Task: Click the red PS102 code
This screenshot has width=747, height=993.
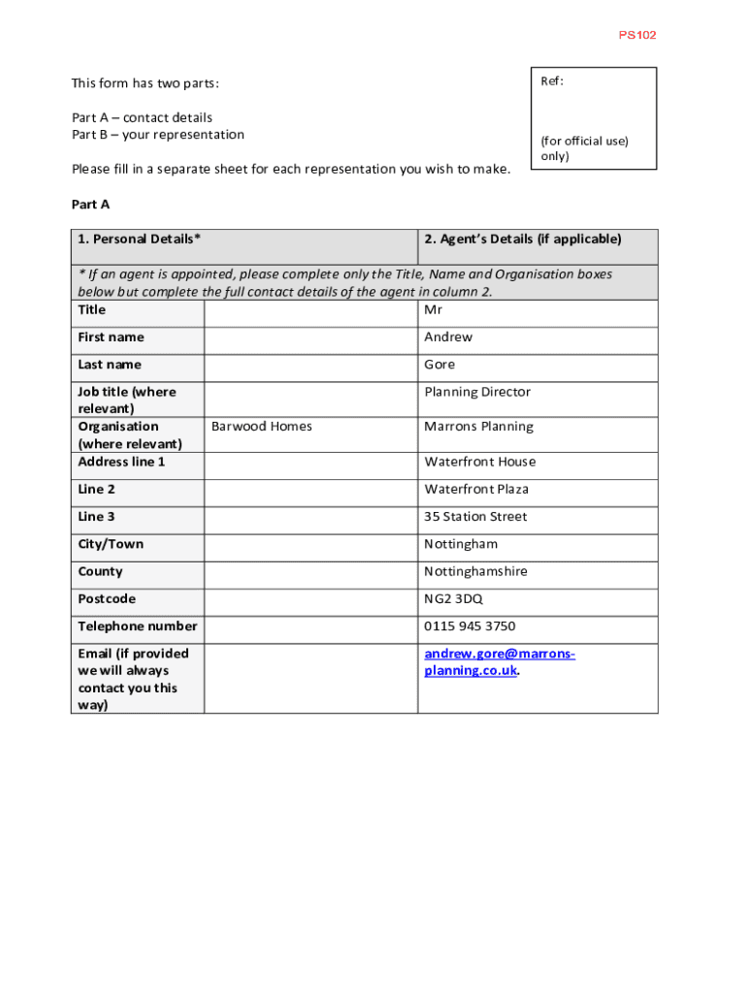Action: (637, 35)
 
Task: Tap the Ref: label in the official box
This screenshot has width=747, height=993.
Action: (552, 81)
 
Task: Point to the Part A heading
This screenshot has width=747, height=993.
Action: (91, 204)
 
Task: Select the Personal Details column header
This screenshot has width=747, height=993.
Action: (140, 239)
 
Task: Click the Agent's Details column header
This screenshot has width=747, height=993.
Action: (522, 239)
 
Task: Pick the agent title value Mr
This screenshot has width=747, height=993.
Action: (433, 309)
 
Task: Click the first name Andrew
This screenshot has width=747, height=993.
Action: (448, 336)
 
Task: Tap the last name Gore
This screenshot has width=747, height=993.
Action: (439, 365)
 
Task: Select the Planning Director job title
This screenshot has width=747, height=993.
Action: (477, 392)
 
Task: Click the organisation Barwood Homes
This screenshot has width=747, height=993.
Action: (262, 427)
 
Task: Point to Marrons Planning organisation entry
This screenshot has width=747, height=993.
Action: (478, 427)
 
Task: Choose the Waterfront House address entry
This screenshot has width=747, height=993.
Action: (479, 462)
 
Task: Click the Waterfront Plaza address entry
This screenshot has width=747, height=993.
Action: (476, 489)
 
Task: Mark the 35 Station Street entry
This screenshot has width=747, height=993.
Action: (475, 517)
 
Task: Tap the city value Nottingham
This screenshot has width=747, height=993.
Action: (461, 544)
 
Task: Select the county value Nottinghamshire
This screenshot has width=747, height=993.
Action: (475, 571)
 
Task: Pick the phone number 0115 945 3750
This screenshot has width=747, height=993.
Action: (470, 626)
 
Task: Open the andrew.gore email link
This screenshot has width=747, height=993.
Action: (499, 654)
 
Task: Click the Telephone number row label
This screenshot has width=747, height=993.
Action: (138, 626)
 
